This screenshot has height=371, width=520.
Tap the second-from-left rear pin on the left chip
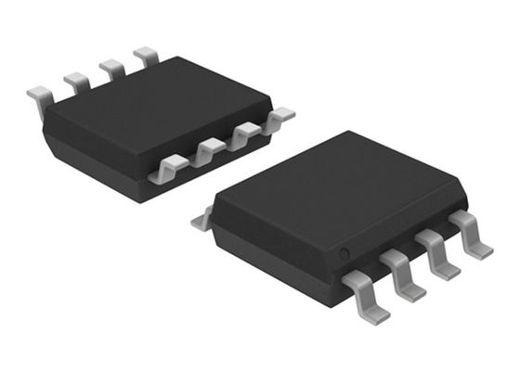tap(77, 82)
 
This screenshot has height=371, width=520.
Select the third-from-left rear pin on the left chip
tap(112, 67)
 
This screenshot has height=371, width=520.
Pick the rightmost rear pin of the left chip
tap(146, 56)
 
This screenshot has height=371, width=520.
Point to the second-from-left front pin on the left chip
tap(209, 148)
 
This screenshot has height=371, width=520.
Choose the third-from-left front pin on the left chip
tap(244, 134)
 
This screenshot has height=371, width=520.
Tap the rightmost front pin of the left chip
tap(278, 118)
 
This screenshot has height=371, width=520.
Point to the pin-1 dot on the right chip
tap(343, 252)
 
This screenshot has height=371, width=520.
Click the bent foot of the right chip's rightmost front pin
tap(479, 248)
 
